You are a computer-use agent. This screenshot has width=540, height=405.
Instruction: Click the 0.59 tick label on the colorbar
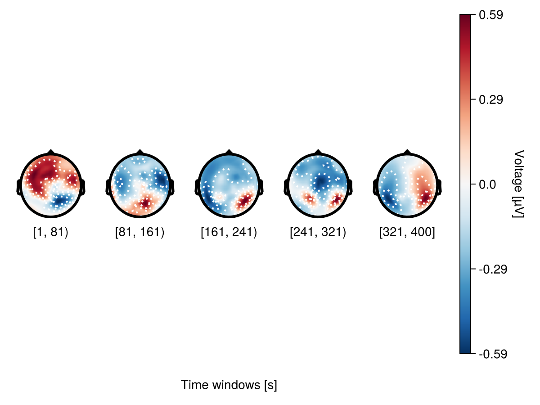(x=491, y=15)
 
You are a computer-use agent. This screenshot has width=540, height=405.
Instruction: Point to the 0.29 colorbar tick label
(x=491, y=99)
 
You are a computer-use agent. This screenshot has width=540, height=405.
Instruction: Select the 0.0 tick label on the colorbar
(x=488, y=184)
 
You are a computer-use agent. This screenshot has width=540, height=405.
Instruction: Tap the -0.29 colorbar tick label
(x=493, y=270)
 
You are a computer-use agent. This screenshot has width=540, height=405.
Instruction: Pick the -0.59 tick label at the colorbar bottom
(x=493, y=354)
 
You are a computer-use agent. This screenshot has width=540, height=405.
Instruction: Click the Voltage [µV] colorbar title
(x=519, y=184)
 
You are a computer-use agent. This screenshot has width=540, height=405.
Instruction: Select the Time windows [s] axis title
(x=229, y=385)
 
